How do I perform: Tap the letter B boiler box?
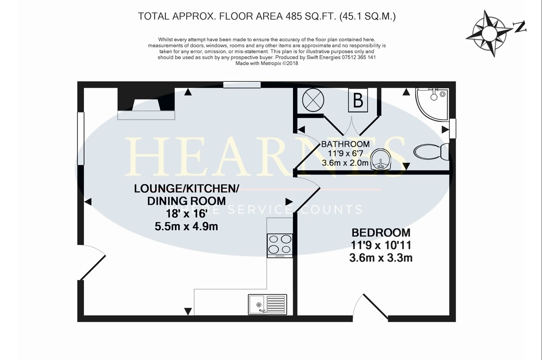[x=358, y=100]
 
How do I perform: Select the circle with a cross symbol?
[x=313, y=100]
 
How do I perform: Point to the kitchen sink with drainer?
[x=267, y=305]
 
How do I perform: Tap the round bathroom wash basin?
[x=379, y=159]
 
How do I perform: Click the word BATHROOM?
[x=345, y=144]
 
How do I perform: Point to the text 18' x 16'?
[x=186, y=214]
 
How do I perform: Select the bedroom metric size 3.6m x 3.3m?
[x=381, y=258]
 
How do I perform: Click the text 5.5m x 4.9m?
[x=186, y=226]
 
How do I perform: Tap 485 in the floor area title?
[x=294, y=16]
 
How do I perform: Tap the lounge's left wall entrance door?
[x=92, y=263]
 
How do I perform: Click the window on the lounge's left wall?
[x=81, y=138]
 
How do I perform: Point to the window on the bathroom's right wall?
[x=453, y=128]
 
